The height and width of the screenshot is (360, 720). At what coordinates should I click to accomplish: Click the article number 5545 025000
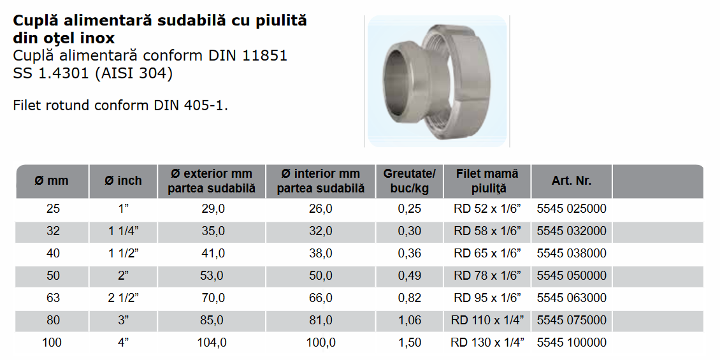[x=572, y=209]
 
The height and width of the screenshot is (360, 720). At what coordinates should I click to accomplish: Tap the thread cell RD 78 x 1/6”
[x=487, y=276]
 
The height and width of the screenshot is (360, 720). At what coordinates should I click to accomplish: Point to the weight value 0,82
[x=409, y=298]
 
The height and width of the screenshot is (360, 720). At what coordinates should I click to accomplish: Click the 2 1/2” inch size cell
[x=123, y=298]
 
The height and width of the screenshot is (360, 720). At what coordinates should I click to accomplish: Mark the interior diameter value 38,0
[x=320, y=254]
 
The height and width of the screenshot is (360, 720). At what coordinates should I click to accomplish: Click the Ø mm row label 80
[x=53, y=320]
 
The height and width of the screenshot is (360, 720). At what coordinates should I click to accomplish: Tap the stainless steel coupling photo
[x=437, y=82]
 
